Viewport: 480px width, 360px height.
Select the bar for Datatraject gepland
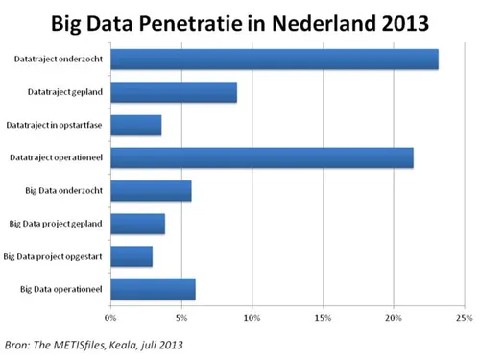pos(174,93)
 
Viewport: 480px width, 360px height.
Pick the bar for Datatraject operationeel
pos(261,157)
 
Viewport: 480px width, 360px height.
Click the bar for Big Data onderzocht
pos(151,191)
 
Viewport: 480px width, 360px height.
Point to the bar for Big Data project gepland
pos(138,224)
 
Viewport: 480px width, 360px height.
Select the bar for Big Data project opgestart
pos(132,256)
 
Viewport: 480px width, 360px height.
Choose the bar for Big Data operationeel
pos(153,289)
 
